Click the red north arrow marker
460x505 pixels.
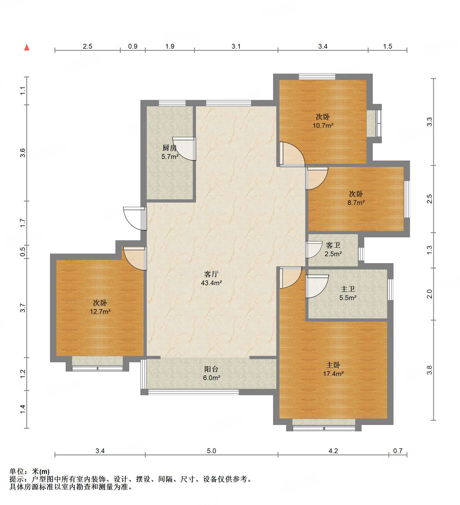click(x=27, y=47)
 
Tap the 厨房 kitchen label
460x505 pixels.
click(x=170, y=152)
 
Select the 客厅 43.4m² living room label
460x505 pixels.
click(x=211, y=278)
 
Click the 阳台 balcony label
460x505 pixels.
click(x=211, y=373)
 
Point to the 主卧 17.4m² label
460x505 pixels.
click(x=333, y=369)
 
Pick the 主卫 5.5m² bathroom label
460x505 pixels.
click(x=348, y=293)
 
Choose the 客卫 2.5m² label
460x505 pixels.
click(x=333, y=249)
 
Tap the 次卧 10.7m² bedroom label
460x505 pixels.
click(x=323, y=121)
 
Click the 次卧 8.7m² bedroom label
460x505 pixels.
click(x=356, y=198)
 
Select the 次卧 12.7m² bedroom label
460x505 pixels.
click(x=100, y=307)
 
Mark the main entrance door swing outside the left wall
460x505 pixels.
click(x=135, y=218)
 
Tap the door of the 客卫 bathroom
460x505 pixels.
click(x=314, y=250)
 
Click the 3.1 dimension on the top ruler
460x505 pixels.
click(x=236, y=46)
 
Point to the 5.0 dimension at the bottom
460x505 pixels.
click(x=211, y=451)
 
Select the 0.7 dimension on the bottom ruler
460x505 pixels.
click(x=398, y=451)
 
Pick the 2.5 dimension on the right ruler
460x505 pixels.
click(x=429, y=199)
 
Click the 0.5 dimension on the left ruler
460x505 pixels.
click(x=23, y=252)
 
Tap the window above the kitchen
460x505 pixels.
click(x=172, y=103)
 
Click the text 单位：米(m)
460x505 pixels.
click(x=30, y=472)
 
